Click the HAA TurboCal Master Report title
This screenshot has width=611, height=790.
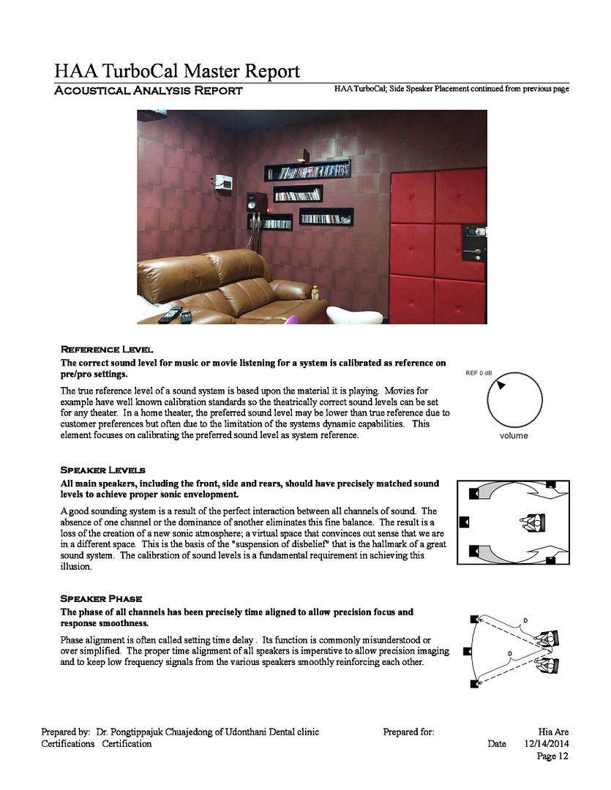(176, 71)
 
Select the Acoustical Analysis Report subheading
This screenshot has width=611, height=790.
(149, 91)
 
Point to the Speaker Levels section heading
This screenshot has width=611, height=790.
(102, 470)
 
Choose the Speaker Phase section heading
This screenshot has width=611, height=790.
(101, 598)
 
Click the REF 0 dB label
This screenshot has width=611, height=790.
(479, 373)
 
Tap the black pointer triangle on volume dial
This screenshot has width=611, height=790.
(501, 385)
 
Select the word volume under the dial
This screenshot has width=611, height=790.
(514, 436)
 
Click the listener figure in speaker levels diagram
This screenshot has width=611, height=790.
(533, 522)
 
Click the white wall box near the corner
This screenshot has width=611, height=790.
(224, 182)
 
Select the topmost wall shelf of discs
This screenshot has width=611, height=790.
(308, 171)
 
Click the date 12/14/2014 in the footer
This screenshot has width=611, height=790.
(547, 744)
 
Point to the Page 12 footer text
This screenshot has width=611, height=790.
(552, 756)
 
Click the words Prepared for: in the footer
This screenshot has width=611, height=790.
(408, 731)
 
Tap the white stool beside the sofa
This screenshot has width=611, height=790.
(354, 315)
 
